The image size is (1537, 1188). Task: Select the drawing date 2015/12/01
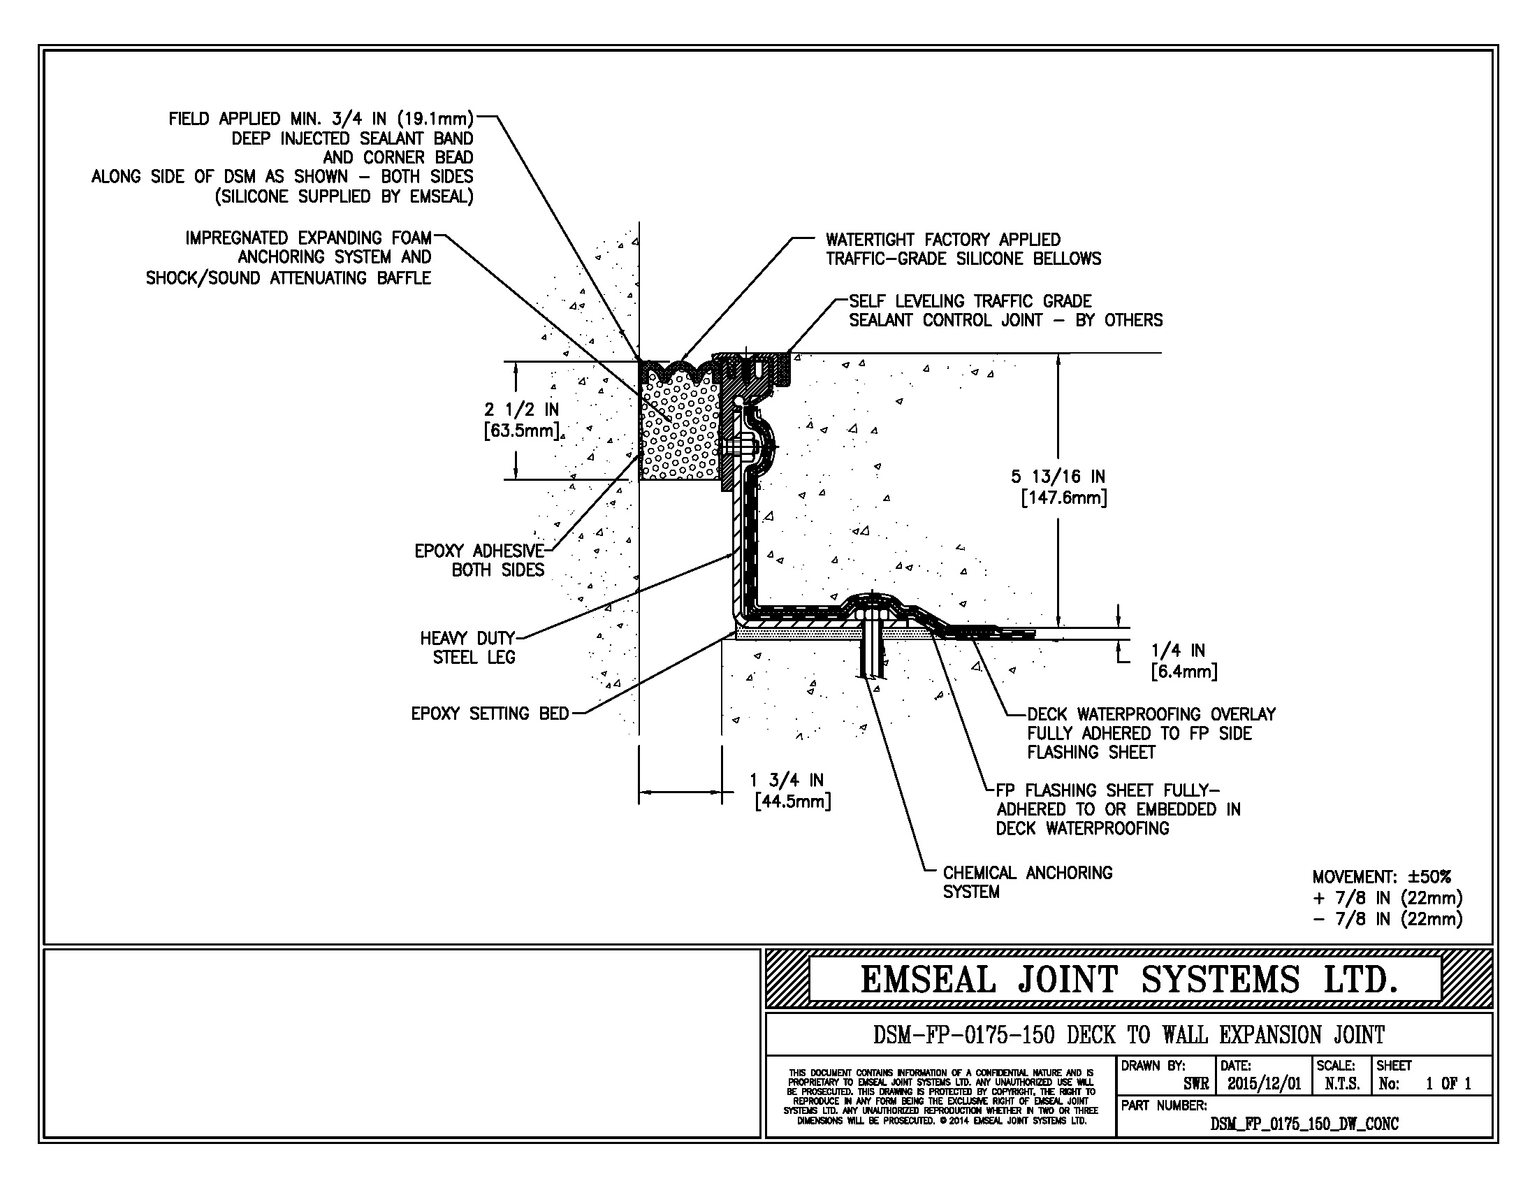tap(1264, 1084)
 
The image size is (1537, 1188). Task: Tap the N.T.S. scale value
tap(1341, 1084)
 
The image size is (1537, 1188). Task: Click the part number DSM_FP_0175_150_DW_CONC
tap(1304, 1124)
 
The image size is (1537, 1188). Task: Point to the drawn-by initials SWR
tap(1195, 1084)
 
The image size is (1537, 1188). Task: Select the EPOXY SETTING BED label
tap(490, 713)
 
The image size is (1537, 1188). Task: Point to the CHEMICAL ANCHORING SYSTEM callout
tap(1027, 882)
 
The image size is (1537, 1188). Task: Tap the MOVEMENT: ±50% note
tap(1381, 877)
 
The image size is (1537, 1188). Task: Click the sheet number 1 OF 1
tap(1448, 1084)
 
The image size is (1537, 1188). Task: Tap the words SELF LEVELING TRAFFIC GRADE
tap(970, 301)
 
